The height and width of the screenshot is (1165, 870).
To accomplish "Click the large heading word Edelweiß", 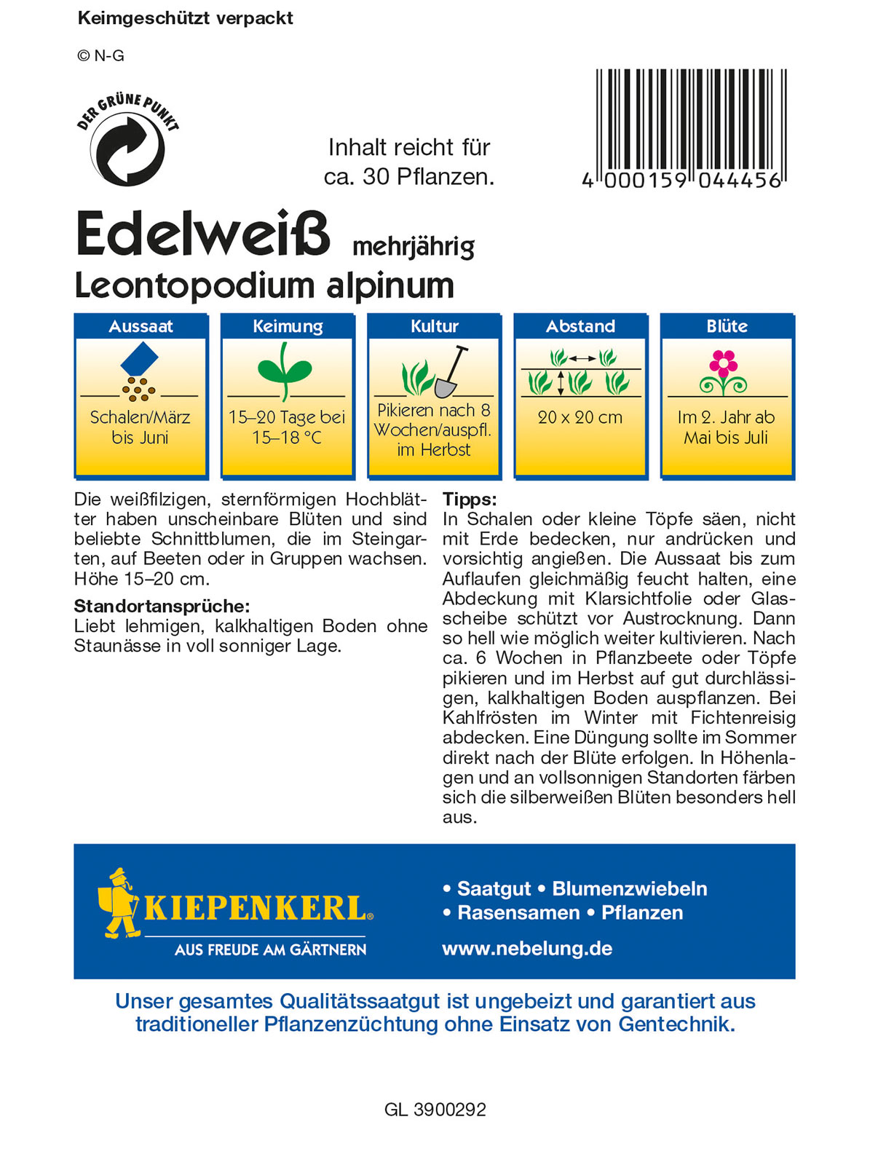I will (203, 234).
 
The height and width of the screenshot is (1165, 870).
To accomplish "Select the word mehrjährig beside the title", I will (413, 248).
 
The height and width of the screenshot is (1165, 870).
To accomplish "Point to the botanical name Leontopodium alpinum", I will (264, 285).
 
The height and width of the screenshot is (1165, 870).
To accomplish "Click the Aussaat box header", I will (141, 326).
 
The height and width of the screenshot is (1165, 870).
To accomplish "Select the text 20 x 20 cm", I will (580, 417).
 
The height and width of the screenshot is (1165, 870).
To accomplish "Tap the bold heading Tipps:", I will (470, 499).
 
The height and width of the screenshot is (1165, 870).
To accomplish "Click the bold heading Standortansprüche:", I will (162, 606).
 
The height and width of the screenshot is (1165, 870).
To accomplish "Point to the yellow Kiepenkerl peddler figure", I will (118, 903).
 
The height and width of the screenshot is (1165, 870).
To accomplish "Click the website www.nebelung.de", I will (527, 948).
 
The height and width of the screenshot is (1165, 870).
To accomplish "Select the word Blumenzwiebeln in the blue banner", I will (630, 888).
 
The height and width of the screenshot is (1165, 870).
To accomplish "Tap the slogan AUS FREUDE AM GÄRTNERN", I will (270, 949).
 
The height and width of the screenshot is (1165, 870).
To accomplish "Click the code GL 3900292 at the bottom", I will (435, 1110).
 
